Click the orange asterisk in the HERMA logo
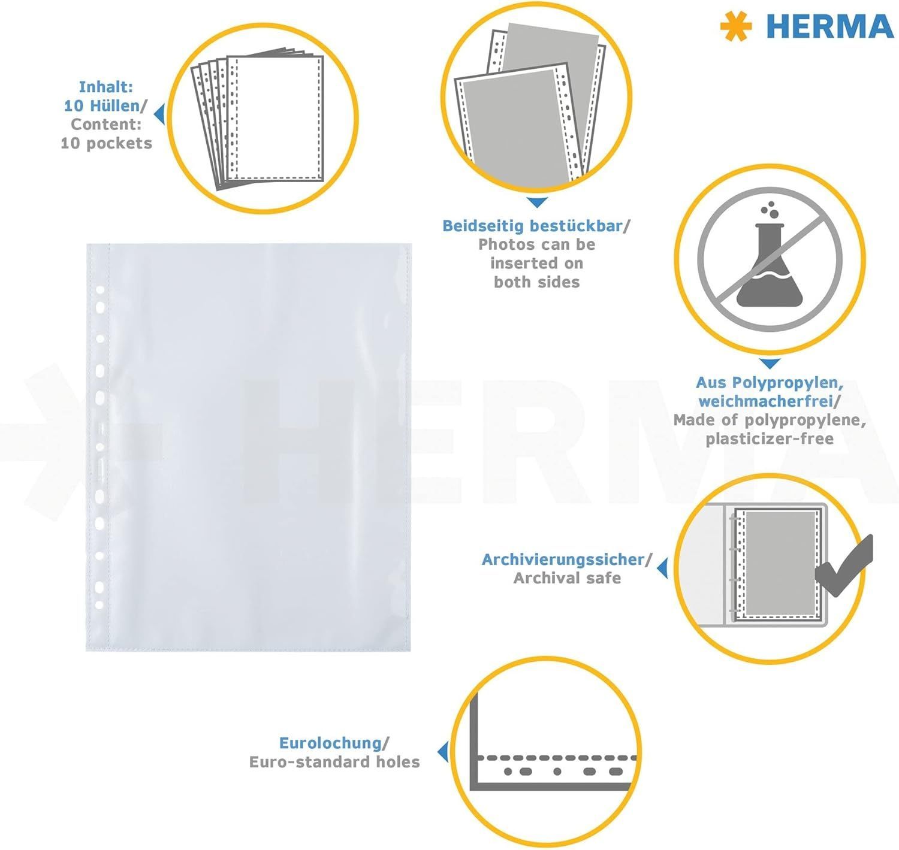click(736, 26)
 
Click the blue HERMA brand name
click(830, 26)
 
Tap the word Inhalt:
click(106, 86)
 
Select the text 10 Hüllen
click(101, 105)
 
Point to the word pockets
click(119, 144)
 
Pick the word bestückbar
click(577, 226)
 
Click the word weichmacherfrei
click(765, 401)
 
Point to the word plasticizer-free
click(770, 439)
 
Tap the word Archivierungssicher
click(563, 559)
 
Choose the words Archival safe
click(567, 578)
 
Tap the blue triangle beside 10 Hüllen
click(159, 114)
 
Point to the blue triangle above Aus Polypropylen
click(770, 364)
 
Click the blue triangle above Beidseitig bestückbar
click(537, 202)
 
